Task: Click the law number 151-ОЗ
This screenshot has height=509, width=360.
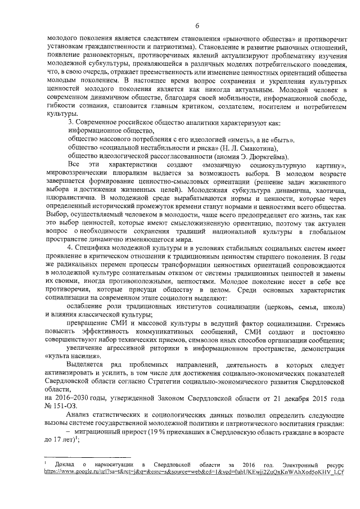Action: [74, 407]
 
